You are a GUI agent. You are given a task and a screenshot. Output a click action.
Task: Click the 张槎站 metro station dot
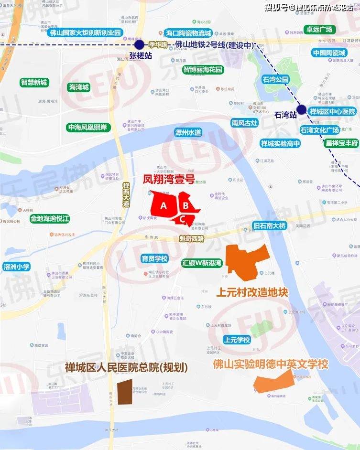point(139,44)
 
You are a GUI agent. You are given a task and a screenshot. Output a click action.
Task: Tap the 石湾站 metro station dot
point(302,109)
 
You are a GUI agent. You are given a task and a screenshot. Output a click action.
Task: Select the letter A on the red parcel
point(164,206)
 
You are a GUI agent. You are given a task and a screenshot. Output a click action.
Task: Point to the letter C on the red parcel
point(183,219)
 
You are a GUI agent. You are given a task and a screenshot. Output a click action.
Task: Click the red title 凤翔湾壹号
point(169,180)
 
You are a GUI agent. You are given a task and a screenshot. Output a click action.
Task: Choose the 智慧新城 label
point(34,82)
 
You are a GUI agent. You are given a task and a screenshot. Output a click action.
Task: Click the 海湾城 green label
point(79,87)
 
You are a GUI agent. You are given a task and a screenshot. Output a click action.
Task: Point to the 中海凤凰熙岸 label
point(89,128)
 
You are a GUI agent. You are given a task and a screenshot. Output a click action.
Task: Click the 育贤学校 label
point(154,259)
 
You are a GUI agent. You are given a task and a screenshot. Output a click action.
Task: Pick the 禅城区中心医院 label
point(333,112)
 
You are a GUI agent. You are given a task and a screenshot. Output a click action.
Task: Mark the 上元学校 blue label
point(237,340)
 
